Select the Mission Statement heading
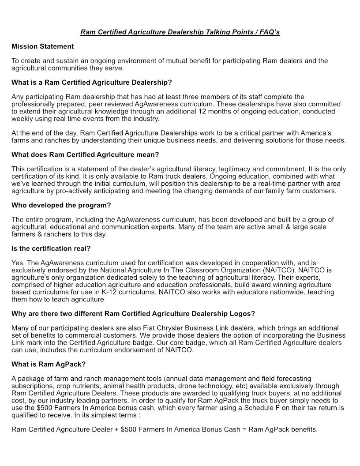point(43,46)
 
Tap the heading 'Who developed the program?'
point(61,205)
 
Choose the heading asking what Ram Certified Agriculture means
point(85,154)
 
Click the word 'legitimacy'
point(247,169)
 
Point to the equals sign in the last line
point(243,429)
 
